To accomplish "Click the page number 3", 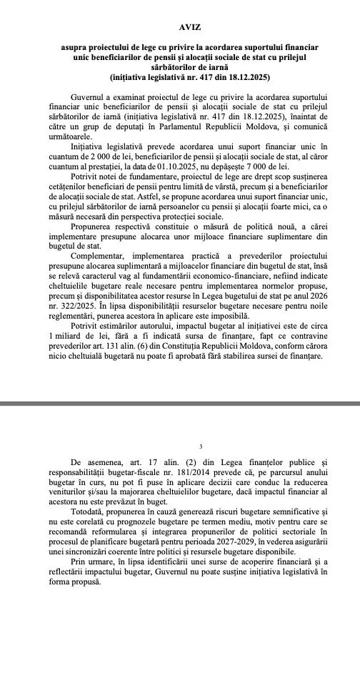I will coord(180,446).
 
